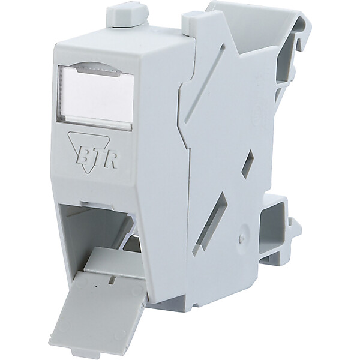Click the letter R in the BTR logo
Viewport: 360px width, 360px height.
click(111, 161)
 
